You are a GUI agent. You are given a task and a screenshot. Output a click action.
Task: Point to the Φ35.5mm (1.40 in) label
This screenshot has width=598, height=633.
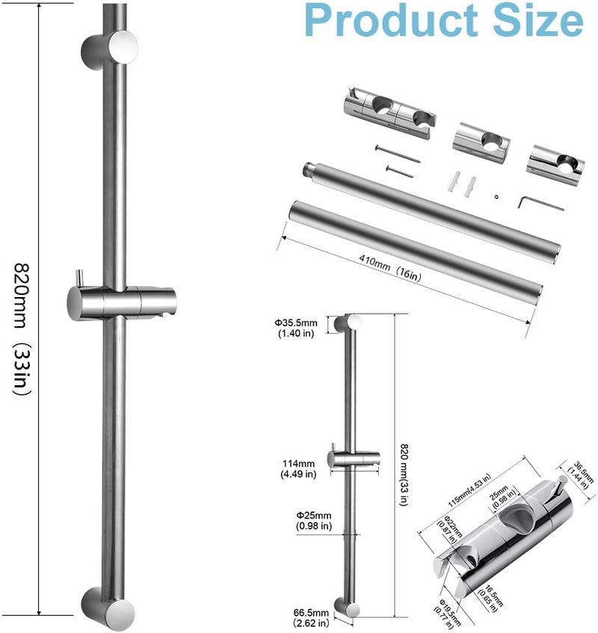point(298,327)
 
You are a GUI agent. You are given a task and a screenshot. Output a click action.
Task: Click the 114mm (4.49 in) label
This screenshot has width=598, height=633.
point(298,467)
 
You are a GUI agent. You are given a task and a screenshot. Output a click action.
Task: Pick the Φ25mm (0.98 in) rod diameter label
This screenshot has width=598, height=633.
point(298,521)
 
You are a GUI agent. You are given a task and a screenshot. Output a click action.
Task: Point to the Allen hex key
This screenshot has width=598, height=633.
point(531,201)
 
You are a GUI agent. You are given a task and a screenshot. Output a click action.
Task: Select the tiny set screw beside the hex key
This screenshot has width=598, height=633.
point(496,196)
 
